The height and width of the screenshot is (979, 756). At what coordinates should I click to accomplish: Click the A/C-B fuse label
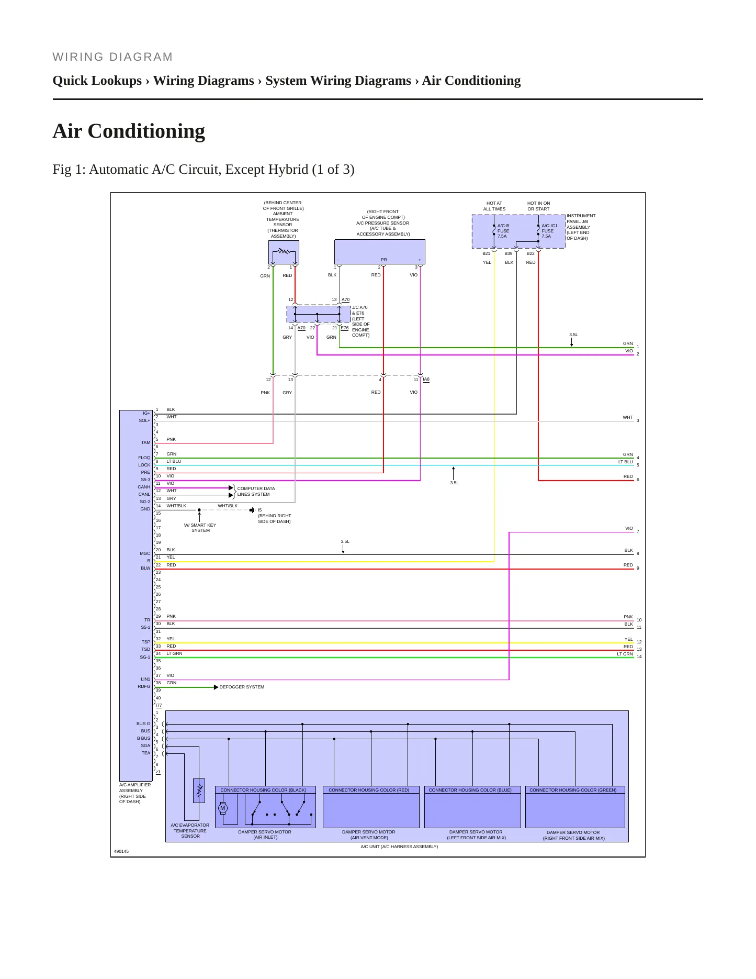click(503, 231)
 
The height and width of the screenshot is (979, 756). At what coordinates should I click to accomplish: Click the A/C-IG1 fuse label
click(549, 231)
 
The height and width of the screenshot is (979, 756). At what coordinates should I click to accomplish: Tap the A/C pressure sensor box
click(380, 252)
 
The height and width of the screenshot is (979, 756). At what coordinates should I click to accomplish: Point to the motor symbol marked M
click(223, 808)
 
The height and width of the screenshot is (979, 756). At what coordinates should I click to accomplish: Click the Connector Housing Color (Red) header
click(369, 790)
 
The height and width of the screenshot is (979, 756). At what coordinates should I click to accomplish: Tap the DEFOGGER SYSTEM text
click(242, 687)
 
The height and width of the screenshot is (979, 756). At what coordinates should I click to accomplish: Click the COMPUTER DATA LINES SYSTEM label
click(256, 491)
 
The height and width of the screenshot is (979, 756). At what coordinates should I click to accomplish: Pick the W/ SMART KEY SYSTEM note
click(200, 528)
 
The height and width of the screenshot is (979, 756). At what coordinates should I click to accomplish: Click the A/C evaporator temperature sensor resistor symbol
click(199, 791)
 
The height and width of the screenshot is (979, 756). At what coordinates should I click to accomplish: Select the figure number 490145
click(121, 851)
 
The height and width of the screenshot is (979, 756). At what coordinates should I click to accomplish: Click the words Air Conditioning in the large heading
click(129, 131)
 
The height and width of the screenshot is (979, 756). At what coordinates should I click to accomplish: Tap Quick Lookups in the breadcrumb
click(97, 81)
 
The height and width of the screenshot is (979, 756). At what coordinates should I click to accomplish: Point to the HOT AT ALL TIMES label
click(494, 206)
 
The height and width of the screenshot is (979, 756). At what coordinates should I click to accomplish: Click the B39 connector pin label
click(509, 253)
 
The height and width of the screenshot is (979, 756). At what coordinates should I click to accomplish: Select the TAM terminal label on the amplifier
click(145, 442)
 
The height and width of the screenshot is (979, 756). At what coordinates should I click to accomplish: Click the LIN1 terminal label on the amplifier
click(145, 679)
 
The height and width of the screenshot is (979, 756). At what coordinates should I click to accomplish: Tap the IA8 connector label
click(426, 379)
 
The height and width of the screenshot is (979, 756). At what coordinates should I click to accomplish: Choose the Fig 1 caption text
click(204, 170)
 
